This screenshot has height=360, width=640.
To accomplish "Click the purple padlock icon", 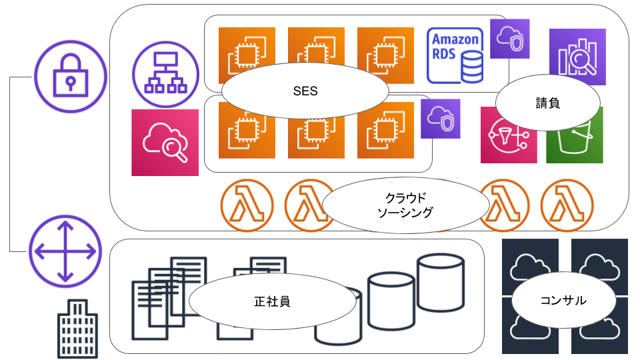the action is point(71,76).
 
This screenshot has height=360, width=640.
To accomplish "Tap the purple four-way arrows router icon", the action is point(65,251).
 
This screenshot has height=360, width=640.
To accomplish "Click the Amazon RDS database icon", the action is point(455,55).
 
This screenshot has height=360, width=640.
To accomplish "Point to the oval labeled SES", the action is point(305,91).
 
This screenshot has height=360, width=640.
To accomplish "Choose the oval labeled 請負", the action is point(548,103).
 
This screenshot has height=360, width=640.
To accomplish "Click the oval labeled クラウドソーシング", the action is point(405,205).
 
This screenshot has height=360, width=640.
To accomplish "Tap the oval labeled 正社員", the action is point(272,301).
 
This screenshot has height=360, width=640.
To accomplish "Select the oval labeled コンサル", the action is point(563,300).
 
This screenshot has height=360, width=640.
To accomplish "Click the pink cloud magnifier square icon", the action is point(165,143).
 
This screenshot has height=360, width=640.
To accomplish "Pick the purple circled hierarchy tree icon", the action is point(165,74).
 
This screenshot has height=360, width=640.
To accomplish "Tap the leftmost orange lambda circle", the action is point(247,205).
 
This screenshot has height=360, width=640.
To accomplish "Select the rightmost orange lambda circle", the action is point(567,205).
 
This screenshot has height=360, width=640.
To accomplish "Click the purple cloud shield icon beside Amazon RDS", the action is point(510,39).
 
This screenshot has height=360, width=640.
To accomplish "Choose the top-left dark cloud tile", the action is point(530,265).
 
